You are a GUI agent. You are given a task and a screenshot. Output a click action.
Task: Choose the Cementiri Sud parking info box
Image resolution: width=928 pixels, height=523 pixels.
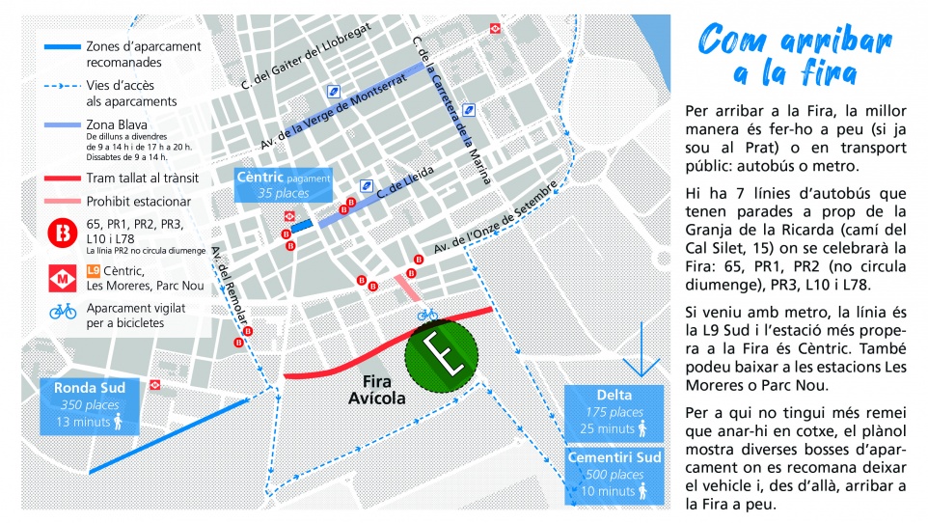coord(614,474)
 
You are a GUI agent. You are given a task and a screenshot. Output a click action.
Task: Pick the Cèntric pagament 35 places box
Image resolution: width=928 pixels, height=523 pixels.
coord(284,184)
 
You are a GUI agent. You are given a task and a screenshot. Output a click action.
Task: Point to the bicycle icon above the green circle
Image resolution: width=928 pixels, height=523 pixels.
coord(427,315)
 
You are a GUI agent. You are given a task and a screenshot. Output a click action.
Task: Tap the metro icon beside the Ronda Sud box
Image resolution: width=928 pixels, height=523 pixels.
coord(170,384)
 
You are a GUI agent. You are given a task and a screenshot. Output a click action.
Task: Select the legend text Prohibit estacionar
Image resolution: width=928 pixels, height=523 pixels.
coord(138,202)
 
